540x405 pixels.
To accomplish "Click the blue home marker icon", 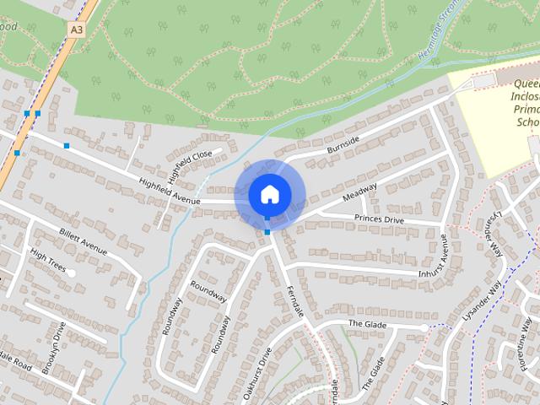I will pos(268,194).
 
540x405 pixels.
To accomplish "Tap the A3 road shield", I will pos(76,29).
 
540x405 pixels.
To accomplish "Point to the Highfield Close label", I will pos(189,166).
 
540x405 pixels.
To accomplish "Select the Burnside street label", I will pos(343,144).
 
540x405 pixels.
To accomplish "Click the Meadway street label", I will pos(359,194).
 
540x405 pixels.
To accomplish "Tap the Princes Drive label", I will pos(379,219).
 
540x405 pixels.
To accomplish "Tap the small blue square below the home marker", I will pos(267,231).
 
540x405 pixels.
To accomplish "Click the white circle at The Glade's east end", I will pos(424,327).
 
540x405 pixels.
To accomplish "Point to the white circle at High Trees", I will pos(73,273).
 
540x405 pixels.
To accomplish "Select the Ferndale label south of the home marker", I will pos(294,300).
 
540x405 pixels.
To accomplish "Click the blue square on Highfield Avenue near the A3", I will pos(66,146).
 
